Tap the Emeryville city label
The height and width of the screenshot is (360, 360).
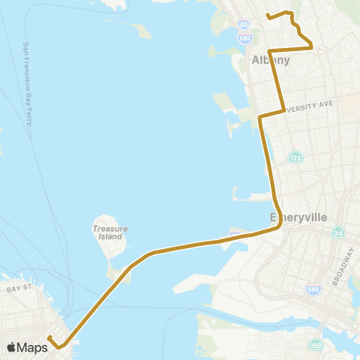point(298,217)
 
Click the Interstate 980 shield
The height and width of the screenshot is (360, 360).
point(313,289)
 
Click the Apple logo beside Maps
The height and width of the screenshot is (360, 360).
point(12,347)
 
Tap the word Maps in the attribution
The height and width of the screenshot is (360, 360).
point(33,347)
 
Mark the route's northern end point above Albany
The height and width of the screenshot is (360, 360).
point(269,16)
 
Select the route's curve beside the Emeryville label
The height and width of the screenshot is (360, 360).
point(279,221)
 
